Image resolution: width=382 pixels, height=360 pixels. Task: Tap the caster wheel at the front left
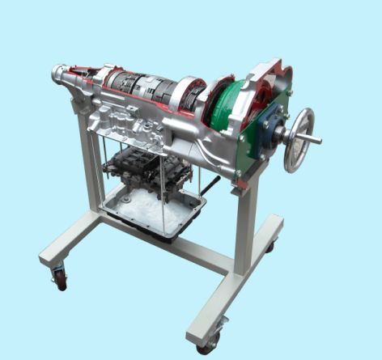59,278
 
